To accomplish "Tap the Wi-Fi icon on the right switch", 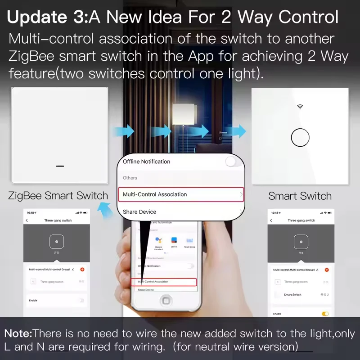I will (300, 107).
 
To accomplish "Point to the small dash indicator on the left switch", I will (60, 165).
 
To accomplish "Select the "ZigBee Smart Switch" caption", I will (58, 196).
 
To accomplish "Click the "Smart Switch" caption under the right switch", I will (300, 196).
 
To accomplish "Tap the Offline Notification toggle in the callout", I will (233, 162).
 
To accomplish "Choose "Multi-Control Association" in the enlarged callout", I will (155, 194).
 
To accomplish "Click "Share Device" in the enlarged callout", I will (139, 211).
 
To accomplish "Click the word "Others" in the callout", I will (130, 178).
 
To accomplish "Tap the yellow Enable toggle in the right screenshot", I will (325, 314).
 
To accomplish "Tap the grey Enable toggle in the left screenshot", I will (81, 300).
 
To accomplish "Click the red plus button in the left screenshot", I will (82, 269).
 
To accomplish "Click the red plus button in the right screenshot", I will (327, 270).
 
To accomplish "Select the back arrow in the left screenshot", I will (27, 220).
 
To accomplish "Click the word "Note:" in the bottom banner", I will (18, 334).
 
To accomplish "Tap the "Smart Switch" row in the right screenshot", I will (292, 295).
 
